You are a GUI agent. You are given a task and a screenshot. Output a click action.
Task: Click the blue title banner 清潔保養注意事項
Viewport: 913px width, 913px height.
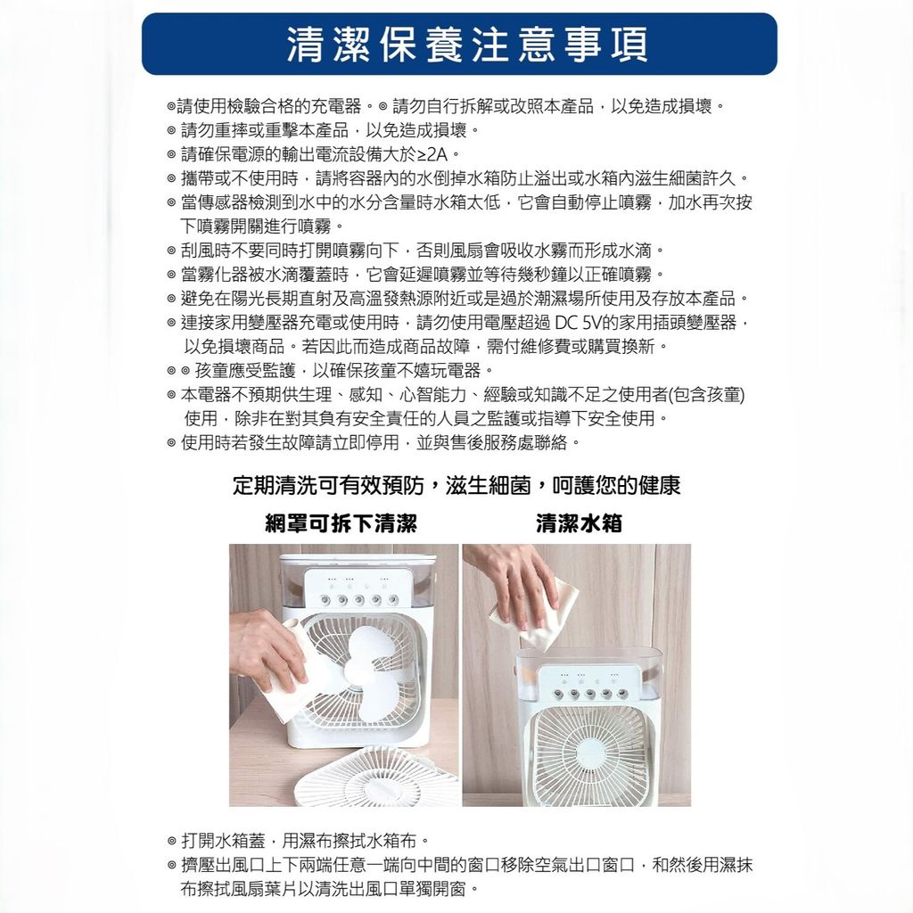pos(459,45)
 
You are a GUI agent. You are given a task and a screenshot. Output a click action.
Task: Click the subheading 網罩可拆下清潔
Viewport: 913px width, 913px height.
pos(341,523)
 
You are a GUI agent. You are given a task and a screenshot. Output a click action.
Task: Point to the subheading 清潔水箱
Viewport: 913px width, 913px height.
pos(579,523)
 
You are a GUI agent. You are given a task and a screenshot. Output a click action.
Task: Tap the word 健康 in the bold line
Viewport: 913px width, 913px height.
pos(661,486)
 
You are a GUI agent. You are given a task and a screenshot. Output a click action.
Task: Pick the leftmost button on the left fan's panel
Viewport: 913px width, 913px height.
pos(322,599)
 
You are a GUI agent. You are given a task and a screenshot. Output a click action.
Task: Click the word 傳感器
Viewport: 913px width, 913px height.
pos(223,202)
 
